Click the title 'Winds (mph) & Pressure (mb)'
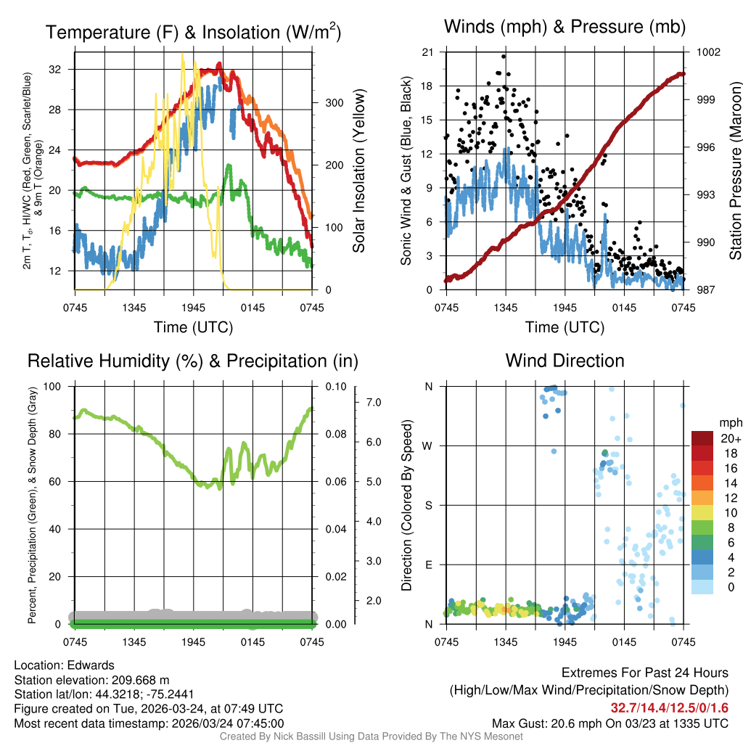tap(565, 27)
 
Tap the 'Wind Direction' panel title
tap(565, 361)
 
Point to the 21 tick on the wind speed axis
tap(427, 52)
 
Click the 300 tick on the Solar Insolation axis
tap(333, 103)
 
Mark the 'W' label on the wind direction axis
tap(428, 446)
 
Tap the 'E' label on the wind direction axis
tap(429, 565)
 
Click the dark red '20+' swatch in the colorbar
tap(703, 438)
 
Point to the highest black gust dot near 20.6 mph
tap(503, 57)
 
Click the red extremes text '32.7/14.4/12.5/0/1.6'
tap(668, 707)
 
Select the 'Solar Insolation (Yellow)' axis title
tap(358, 171)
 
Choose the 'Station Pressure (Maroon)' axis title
tap(734, 171)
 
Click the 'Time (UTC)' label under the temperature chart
tap(193, 327)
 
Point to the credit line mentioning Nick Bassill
tap(371, 736)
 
